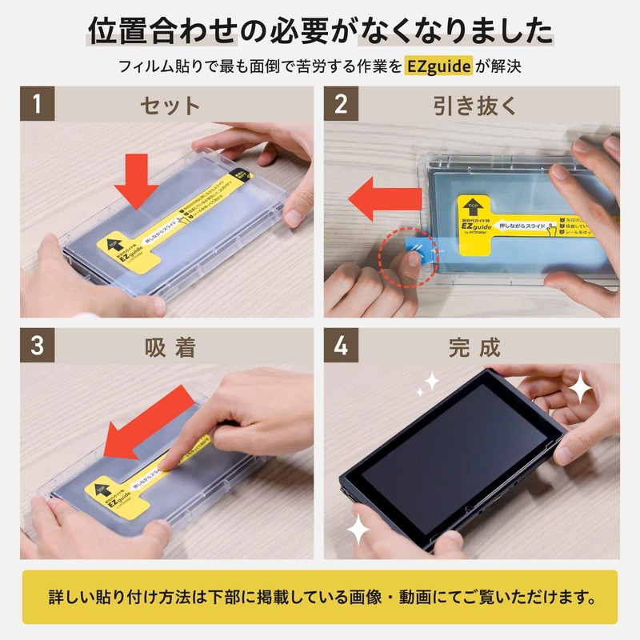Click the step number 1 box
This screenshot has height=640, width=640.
(x=37, y=104)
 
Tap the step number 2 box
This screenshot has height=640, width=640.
(x=342, y=104)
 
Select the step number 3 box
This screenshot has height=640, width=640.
(x=37, y=347)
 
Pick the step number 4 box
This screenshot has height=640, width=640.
(x=342, y=347)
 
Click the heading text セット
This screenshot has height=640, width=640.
(x=170, y=105)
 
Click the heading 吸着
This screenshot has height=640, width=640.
(x=170, y=348)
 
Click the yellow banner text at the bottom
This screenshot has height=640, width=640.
(x=320, y=597)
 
